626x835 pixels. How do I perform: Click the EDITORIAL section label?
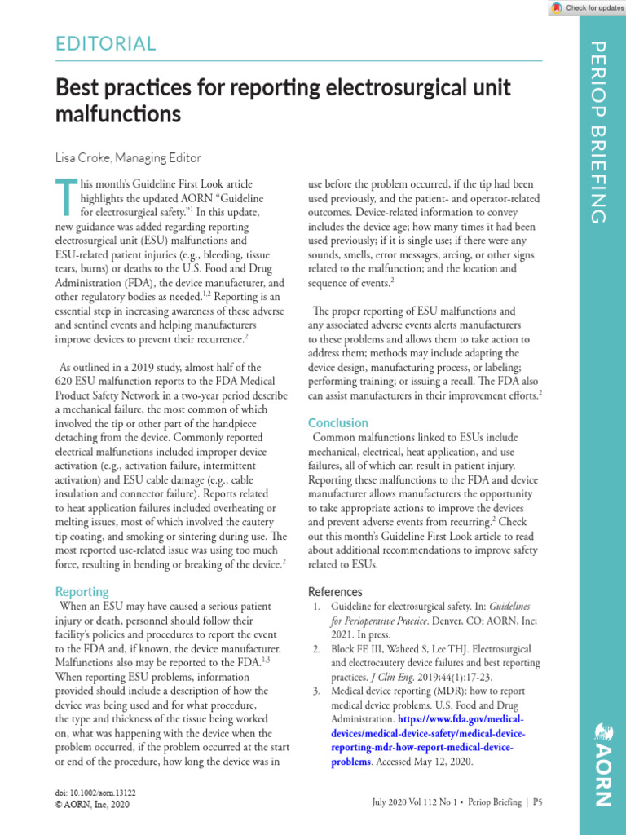tap(106, 43)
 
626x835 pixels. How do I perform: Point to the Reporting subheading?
tap(82, 591)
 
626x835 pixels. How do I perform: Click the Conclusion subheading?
tap(337, 422)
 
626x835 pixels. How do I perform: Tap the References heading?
tap(335, 591)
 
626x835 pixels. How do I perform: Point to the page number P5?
tap(538, 802)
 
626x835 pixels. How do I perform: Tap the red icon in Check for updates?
tap(557, 7)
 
